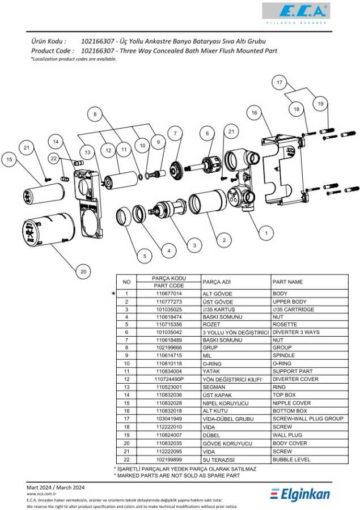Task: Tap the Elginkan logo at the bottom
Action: click(300, 494)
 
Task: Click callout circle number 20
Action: click(83, 272)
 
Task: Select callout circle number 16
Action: click(255, 113)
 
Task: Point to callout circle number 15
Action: click(9, 160)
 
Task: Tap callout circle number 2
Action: click(224, 240)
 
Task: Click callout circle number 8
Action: click(95, 114)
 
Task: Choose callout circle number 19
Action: click(320, 104)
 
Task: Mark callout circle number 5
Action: click(145, 257)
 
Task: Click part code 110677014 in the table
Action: click(169, 294)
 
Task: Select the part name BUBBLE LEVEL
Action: click(291, 460)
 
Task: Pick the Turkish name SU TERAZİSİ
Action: click(218, 460)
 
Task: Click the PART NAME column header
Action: click(287, 282)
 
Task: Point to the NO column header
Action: click(126, 282)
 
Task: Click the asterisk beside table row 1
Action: click(114, 294)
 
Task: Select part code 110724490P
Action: click(169, 379)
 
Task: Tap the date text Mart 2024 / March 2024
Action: click(56, 487)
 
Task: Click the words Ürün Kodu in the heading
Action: click(48, 41)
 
